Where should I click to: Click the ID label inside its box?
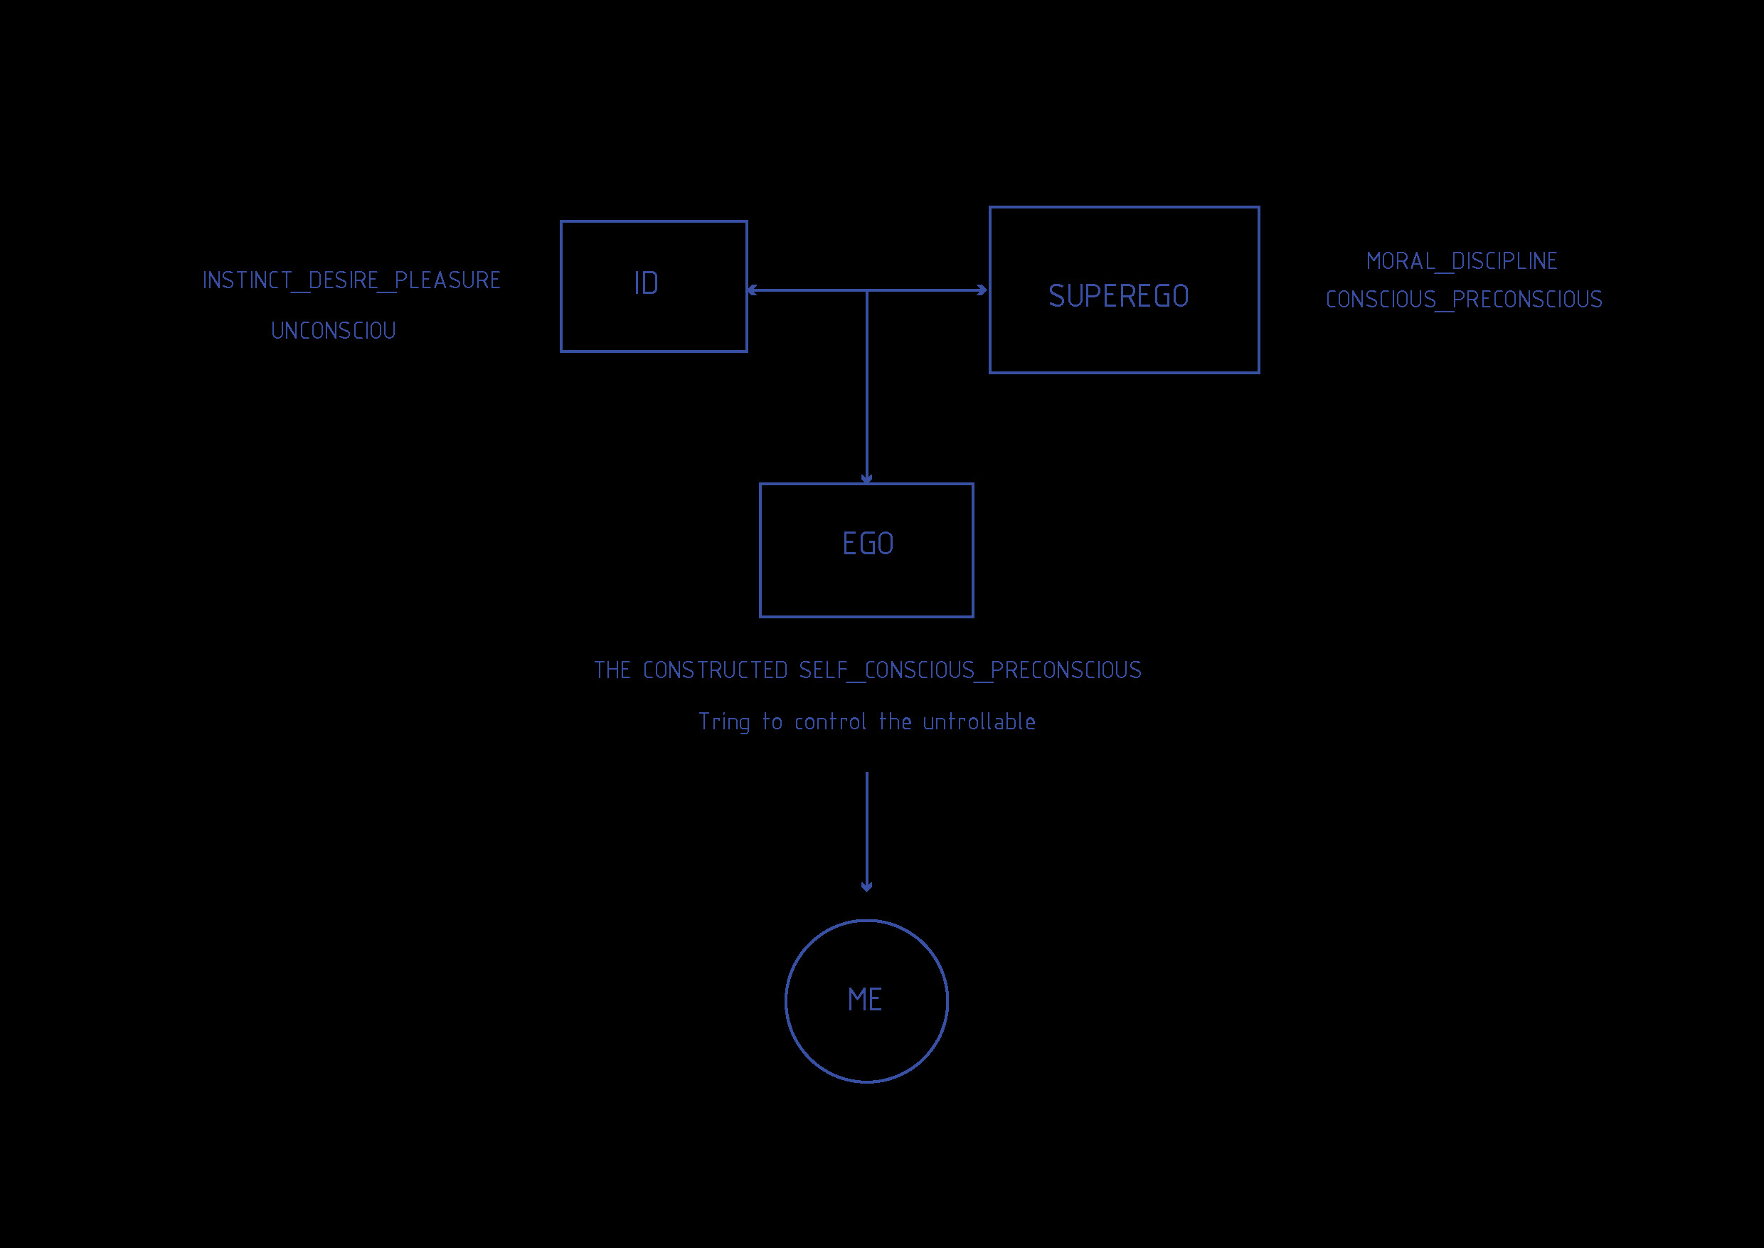646,284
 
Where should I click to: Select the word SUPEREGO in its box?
1119,296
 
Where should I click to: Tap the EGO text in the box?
868,544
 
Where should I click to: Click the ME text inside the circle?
865,1000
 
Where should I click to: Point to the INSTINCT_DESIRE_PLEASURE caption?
352,280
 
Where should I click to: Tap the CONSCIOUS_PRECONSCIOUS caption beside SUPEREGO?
1465,299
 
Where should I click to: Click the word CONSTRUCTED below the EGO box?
716,670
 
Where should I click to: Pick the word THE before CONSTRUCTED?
612,670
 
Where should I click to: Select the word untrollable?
979,721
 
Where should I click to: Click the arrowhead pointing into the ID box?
752,290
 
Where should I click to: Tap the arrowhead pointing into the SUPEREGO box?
981,290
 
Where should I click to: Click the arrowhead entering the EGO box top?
866,479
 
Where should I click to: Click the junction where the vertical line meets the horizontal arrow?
866,290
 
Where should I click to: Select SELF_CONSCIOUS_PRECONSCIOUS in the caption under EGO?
970,671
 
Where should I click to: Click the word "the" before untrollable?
895,721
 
